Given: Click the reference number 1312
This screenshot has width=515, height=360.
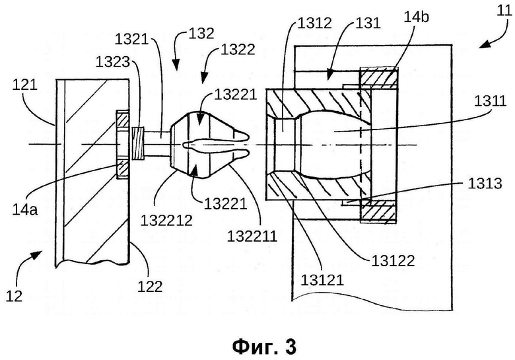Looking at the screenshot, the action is click(314, 23).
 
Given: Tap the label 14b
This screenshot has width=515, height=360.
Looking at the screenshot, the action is click(416, 17).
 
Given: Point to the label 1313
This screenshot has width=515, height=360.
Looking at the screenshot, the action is click(485, 183).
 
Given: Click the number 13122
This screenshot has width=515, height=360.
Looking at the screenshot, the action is click(393, 261).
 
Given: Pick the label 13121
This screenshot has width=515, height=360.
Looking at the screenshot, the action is click(322, 280).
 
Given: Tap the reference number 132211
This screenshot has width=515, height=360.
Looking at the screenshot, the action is click(252, 236).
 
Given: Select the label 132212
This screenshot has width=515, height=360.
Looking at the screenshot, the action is click(166, 221).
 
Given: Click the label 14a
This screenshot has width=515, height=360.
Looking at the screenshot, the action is click(24, 209).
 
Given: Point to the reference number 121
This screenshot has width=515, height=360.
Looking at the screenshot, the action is click(25, 85).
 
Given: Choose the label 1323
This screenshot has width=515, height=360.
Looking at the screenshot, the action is click(113, 61).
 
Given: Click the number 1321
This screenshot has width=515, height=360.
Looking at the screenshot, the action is click(131, 40).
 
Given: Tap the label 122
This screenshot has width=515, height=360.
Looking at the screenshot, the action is click(149, 287).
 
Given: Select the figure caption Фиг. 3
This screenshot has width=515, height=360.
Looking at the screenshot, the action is click(264, 347).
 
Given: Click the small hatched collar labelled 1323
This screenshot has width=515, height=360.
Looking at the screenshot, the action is click(138, 143).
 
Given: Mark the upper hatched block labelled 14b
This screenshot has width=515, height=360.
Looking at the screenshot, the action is click(379, 78).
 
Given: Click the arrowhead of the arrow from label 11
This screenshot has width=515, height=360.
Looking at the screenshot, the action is click(481, 46).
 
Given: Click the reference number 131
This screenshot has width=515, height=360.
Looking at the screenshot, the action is click(368, 23).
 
